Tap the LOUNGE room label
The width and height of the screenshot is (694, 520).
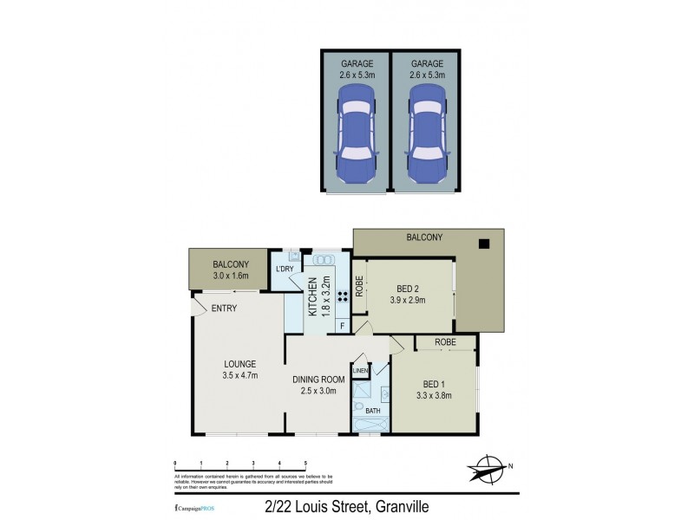tap(239, 363)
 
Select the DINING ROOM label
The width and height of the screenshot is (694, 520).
tap(319, 379)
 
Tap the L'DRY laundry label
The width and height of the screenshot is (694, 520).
tap(285, 269)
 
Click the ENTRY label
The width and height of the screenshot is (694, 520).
tap(223, 309)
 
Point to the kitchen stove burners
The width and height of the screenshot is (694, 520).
tap(342, 295)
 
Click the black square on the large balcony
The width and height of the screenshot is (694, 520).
tap(486, 244)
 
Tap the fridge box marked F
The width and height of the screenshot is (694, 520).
tap(342, 326)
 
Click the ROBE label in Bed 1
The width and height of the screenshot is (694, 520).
tap(445, 342)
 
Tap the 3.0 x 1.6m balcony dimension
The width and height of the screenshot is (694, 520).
tap(231, 276)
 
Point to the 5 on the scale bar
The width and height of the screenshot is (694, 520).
tap(305, 465)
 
